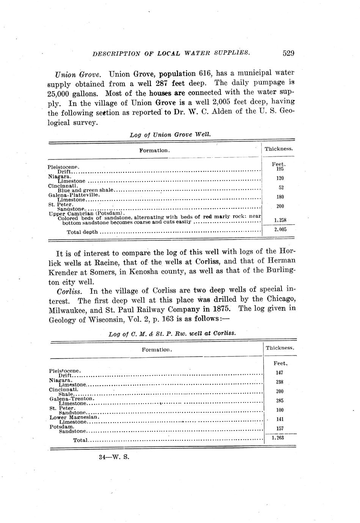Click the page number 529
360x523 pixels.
pos(288,53)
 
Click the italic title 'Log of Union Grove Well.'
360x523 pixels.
pos(170,135)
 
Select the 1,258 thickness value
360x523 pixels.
pos(280,220)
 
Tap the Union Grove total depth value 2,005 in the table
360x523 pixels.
pos(280,229)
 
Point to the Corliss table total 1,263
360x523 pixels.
pos(278,437)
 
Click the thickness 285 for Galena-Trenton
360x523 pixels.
pos(279,401)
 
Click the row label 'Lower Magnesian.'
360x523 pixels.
pos(74,417)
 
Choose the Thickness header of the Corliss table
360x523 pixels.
pos(280,348)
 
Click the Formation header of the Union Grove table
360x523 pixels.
pos(154,150)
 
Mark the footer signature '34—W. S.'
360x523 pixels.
pos(114,457)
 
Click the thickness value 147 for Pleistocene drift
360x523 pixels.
pos(279,373)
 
